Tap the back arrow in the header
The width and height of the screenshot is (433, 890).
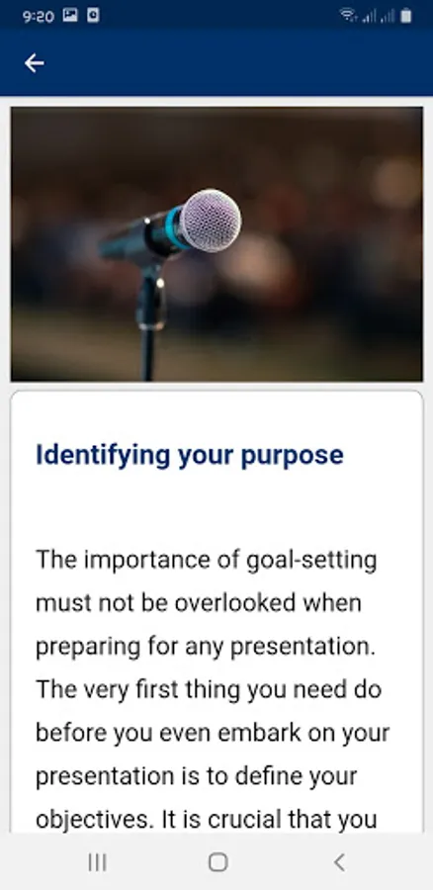(x=34, y=63)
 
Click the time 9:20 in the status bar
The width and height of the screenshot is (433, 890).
(x=39, y=17)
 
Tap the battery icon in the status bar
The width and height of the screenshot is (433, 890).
(x=405, y=16)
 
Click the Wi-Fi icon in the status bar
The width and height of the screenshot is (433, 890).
(x=348, y=15)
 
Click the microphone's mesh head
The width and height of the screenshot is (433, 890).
(x=212, y=221)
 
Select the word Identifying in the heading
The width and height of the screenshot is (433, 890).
(x=103, y=456)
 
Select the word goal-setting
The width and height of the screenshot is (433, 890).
(x=311, y=562)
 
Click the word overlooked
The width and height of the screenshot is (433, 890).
(x=235, y=603)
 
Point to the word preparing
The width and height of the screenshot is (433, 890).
(x=88, y=647)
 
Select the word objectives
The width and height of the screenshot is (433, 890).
(x=95, y=820)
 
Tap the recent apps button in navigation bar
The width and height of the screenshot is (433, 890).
(x=98, y=862)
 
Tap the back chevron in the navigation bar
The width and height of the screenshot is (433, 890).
(x=339, y=862)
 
